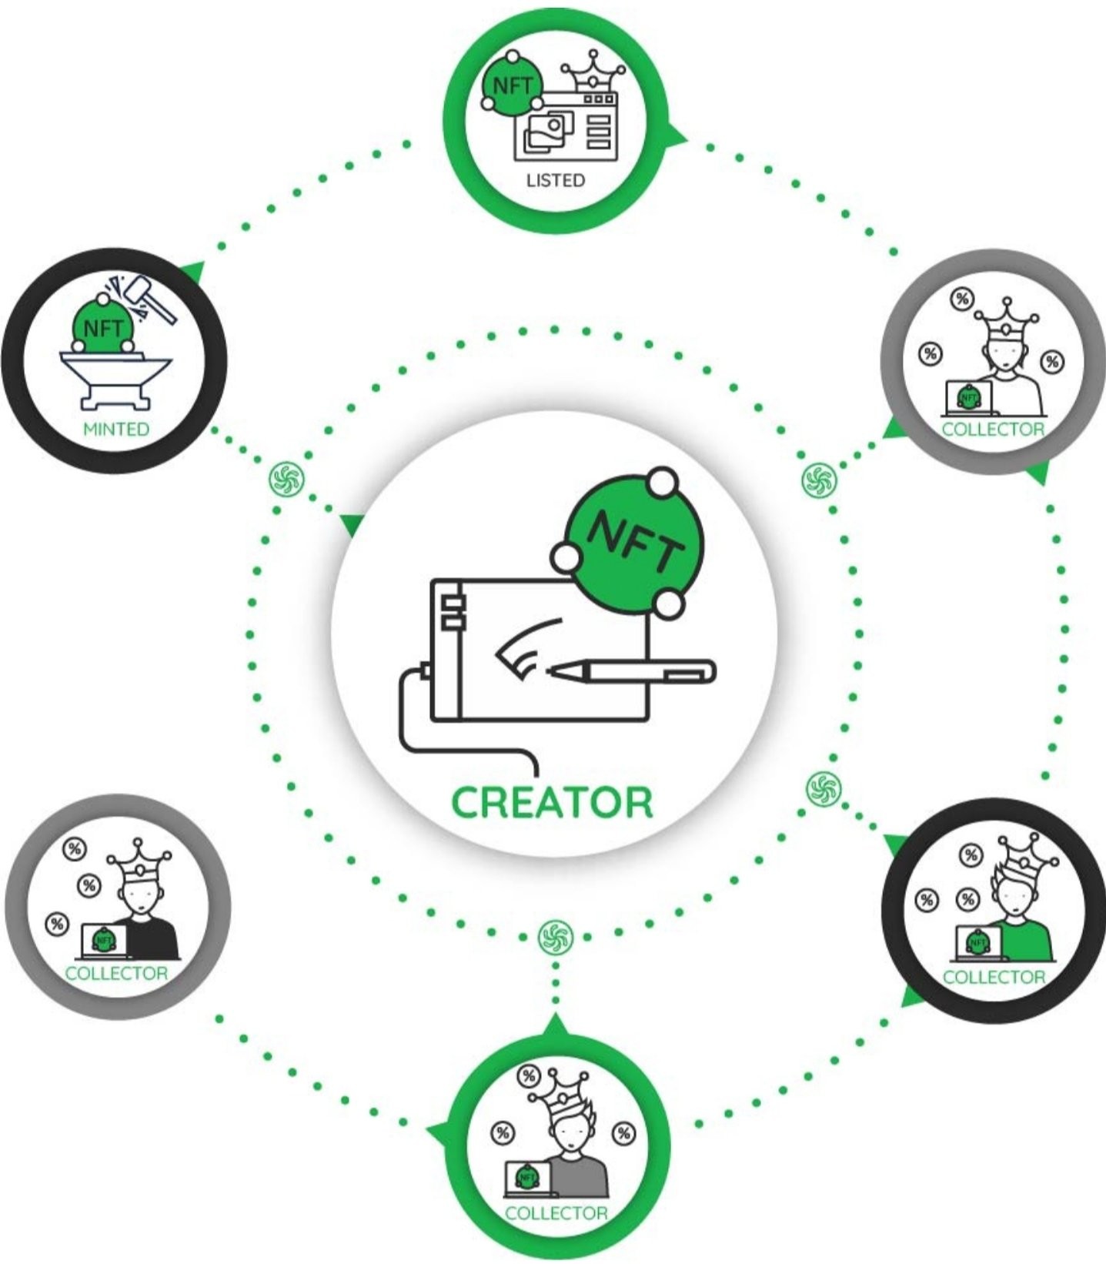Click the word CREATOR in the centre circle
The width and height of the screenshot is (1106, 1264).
[x=552, y=802]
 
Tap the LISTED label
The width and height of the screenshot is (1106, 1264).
[x=555, y=180]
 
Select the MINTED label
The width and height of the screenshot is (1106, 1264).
[x=115, y=429]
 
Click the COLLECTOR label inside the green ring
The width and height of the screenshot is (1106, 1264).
[x=556, y=1213]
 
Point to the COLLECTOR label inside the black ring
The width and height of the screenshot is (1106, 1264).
[x=994, y=977]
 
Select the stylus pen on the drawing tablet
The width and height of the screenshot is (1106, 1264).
[x=632, y=670]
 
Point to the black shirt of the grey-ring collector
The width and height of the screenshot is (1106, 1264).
[x=153, y=936]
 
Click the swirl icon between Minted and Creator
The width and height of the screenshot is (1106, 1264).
[x=287, y=479]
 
